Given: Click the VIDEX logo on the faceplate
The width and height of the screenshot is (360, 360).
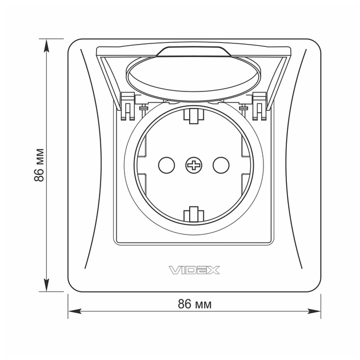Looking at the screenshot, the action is point(194,270).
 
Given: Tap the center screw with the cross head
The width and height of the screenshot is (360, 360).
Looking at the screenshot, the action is point(194,165).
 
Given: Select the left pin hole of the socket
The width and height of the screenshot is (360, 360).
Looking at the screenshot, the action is point(166,165).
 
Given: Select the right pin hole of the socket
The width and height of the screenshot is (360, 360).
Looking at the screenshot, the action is point(221,165).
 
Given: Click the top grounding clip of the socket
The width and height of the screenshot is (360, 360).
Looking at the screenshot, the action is point(194,116).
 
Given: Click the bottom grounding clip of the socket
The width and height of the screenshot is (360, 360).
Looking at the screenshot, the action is point(194,214).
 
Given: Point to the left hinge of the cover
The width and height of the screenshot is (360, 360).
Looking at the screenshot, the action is point(127,106).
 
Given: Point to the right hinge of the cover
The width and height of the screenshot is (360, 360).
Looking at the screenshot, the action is point(259,106).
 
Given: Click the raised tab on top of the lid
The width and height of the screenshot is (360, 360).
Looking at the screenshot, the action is point(194,51).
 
